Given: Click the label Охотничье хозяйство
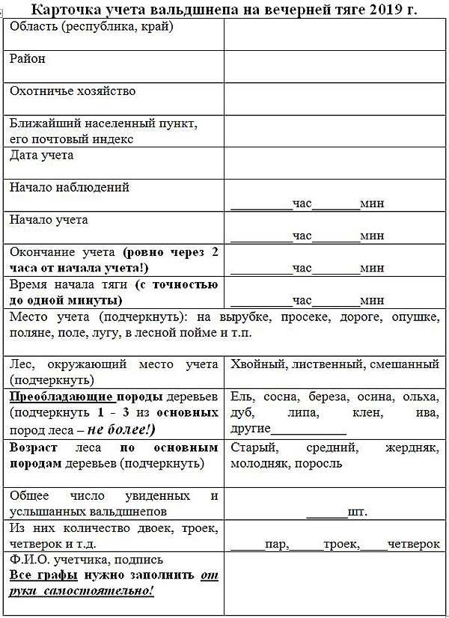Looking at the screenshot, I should [x=73, y=91].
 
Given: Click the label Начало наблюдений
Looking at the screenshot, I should [x=70, y=188].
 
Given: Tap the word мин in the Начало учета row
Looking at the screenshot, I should [x=372, y=236].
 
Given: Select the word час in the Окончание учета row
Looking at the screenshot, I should [x=302, y=268].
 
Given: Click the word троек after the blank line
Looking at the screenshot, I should [x=340, y=544].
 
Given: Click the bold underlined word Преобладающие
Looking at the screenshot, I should [x=61, y=396].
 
